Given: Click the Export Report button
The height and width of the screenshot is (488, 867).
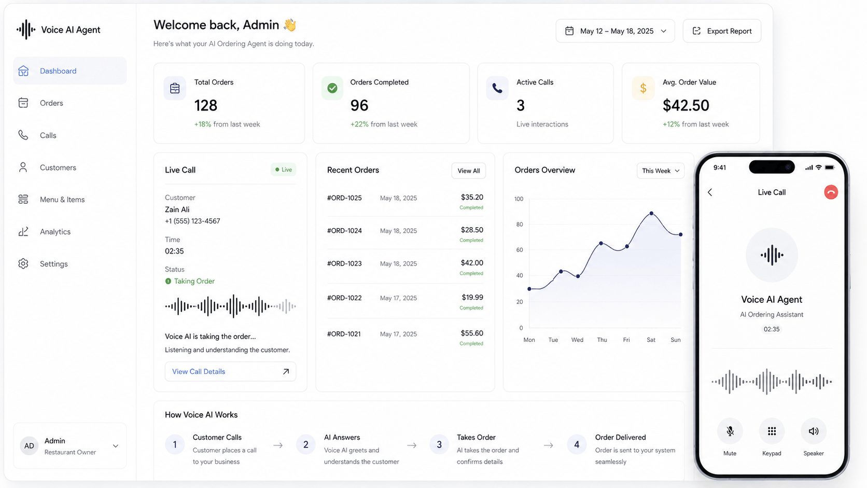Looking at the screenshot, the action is pyautogui.click(x=722, y=31).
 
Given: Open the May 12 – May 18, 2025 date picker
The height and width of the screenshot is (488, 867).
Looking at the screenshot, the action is pyautogui.click(x=615, y=31).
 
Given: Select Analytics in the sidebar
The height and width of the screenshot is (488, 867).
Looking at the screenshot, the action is pyautogui.click(x=55, y=231).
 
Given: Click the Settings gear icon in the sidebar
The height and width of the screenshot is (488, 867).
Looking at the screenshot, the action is pyautogui.click(x=23, y=263).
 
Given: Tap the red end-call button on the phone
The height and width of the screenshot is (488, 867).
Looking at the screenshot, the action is pyautogui.click(x=831, y=192).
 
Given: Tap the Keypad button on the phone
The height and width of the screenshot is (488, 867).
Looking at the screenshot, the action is pyautogui.click(x=772, y=431).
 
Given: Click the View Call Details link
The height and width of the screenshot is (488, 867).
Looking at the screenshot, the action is pyautogui.click(x=230, y=371).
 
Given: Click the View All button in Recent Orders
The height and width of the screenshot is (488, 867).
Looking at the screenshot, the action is pyautogui.click(x=468, y=171).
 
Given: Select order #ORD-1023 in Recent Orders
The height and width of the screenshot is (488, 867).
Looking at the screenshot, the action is pyautogui.click(x=344, y=263).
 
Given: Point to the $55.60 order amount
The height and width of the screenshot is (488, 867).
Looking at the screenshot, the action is pyautogui.click(x=472, y=333).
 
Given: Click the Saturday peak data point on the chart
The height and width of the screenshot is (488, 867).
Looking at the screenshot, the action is pyautogui.click(x=651, y=213).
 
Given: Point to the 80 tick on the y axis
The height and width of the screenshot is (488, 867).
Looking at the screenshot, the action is pyautogui.click(x=519, y=225).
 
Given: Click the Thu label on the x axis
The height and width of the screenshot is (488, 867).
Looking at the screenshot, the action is pyautogui.click(x=602, y=340).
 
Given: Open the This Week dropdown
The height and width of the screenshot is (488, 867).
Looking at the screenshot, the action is pyautogui.click(x=660, y=171).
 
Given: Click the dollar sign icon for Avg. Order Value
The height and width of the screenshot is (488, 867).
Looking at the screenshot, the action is pyautogui.click(x=643, y=88).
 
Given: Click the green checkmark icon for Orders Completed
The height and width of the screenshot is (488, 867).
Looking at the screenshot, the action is pyautogui.click(x=332, y=88).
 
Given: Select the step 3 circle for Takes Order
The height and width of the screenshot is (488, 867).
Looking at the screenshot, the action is pyautogui.click(x=439, y=444).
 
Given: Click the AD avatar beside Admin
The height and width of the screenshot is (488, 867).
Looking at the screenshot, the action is pyautogui.click(x=29, y=446).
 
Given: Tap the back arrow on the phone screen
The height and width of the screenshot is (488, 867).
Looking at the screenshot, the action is pyautogui.click(x=710, y=192).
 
